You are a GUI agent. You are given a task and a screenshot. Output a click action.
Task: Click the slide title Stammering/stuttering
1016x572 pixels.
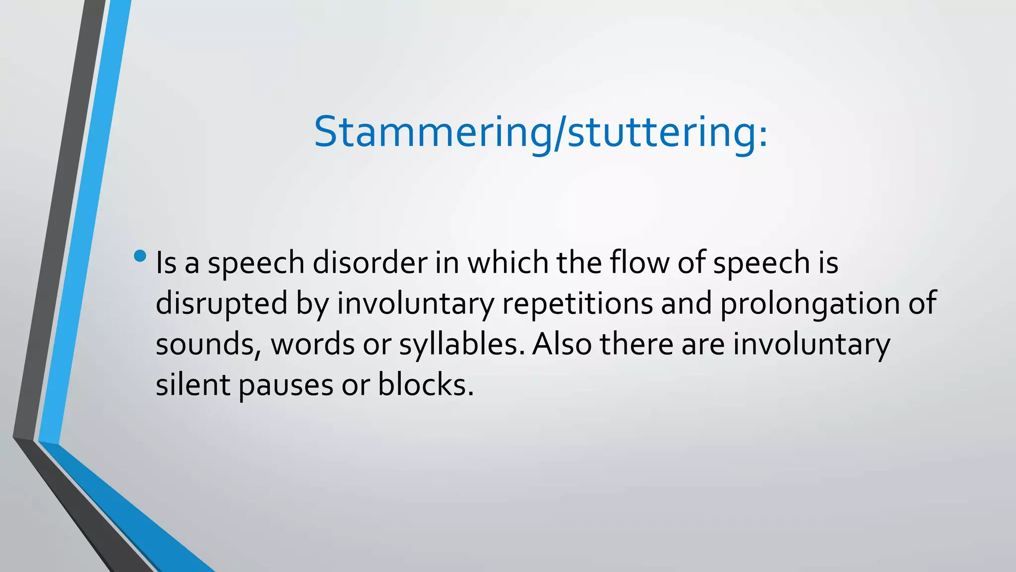point(541,133)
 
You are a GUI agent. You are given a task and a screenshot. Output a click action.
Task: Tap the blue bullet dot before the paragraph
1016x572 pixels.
point(140,256)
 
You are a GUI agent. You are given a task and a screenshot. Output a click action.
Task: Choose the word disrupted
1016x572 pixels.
point(221,303)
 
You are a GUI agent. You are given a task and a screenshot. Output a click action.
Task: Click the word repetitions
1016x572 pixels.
point(577,303)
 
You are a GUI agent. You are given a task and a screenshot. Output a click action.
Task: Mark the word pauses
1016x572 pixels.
point(286,385)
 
